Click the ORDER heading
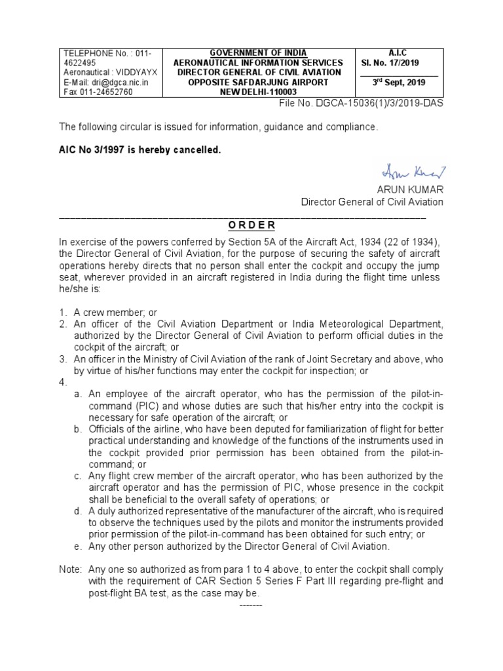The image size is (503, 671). (251, 225)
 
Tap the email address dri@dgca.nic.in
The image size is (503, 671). (105, 83)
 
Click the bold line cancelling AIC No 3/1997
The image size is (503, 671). (140, 150)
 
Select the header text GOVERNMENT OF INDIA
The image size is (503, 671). (257, 52)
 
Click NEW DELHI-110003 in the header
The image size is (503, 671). (257, 92)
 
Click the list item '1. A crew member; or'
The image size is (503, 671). (108, 313)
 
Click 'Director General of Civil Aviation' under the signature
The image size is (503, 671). (371, 202)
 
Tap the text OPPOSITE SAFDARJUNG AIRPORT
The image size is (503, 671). (257, 83)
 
